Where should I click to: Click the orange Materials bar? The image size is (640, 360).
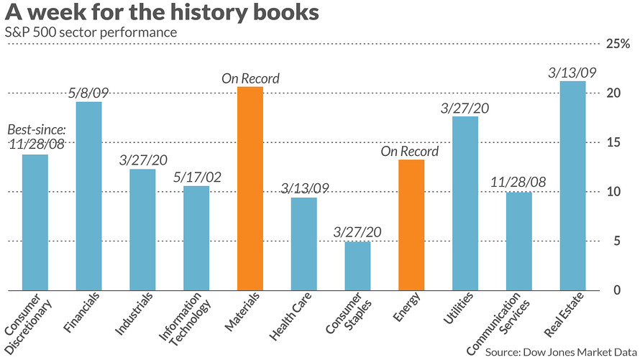(x=250, y=188)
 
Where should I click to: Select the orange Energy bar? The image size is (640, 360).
(x=411, y=225)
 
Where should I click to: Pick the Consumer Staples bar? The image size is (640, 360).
(x=357, y=266)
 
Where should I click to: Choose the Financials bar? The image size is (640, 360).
(x=88, y=195)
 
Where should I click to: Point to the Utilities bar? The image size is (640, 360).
(x=465, y=203)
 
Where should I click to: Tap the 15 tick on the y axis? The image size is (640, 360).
(x=611, y=143)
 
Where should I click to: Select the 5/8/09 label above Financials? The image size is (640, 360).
(x=88, y=93)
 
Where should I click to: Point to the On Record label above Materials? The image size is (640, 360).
(x=250, y=78)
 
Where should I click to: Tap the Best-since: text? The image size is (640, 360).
(x=36, y=131)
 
